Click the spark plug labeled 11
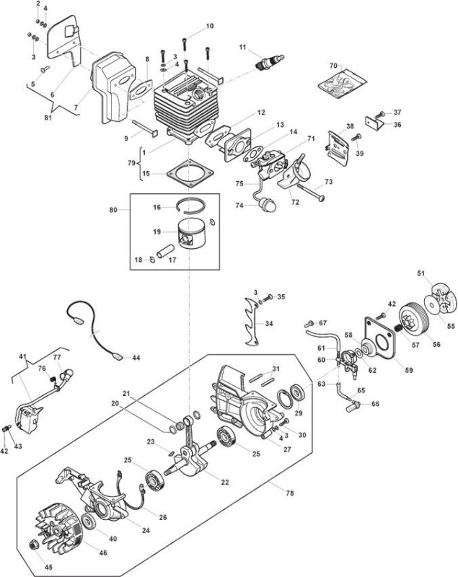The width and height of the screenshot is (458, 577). pos(270,61)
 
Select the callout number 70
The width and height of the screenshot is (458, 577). pos(333,66)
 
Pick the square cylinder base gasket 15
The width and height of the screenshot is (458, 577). pos(190,173)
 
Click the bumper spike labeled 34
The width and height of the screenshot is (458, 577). pos(252,322)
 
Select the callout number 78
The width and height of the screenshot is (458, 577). pos(290,493)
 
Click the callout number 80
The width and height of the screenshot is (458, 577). pos(113,210)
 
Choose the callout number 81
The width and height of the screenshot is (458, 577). pos(48,118)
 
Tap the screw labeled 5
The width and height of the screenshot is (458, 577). pos(45,69)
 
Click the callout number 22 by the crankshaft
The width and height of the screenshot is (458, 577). pos(224,482)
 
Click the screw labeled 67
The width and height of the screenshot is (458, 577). pos(309,324)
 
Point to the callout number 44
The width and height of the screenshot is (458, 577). pos(136,357)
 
